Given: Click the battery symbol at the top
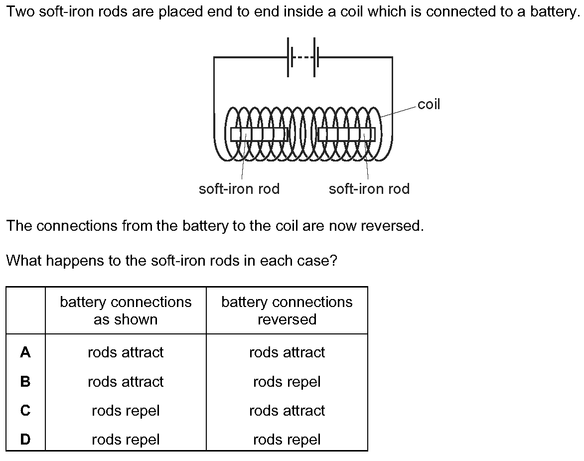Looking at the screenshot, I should click(x=302, y=57).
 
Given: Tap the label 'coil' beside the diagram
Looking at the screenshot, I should click(x=429, y=104).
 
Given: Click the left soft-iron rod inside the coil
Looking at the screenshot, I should click(x=259, y=134).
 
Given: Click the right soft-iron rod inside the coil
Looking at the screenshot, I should click(x=347, y=134).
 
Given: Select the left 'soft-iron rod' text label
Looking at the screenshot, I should click(x=239, y=189).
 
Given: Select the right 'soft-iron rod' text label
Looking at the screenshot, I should click(x=369, y=189).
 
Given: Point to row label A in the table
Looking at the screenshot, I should click(x=25, y=352).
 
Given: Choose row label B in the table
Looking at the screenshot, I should click(x=25, y=382).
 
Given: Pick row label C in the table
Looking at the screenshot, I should click(x=25, y=411).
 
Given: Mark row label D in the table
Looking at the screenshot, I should click(x=25, y=440).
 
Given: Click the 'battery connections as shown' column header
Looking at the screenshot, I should click(x=126, y=310).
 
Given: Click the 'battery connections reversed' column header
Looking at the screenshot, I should click(x=287, y=310).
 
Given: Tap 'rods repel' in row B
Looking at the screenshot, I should click(x=287, y=382).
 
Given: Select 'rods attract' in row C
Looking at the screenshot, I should click(x=287, y=411).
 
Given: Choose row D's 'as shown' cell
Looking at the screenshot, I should click(x=126, y=440).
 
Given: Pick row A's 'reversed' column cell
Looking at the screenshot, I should click(x=287, y=352).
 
